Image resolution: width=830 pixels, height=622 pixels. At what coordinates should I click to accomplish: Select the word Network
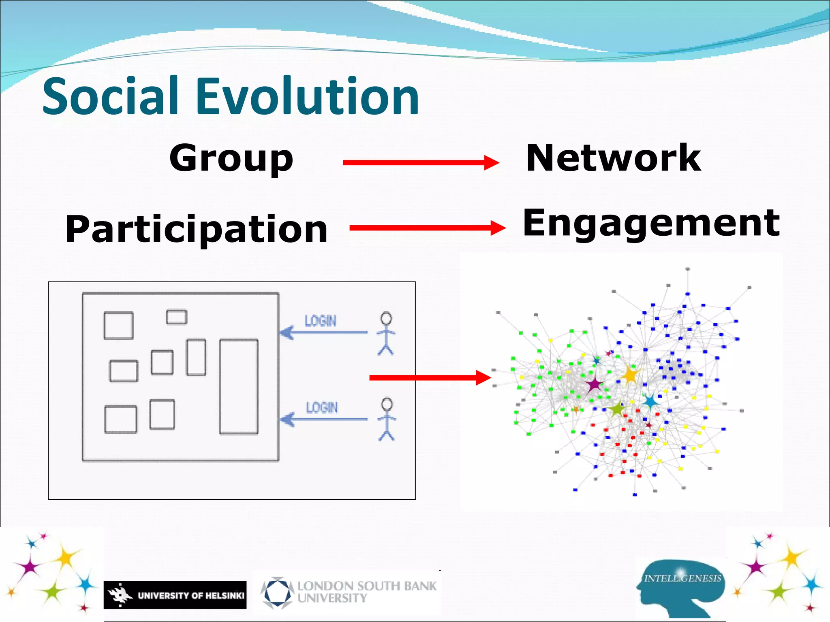click(x=613, y=158)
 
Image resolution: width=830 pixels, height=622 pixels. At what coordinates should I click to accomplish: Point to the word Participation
click(x=197, y=229)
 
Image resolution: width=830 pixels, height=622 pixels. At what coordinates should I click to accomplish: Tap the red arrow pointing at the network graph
click(x=430, y=378)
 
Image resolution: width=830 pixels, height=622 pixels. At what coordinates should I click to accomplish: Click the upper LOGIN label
click(x=320, y=321)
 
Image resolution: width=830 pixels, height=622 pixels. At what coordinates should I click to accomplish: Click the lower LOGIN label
click(x=322, y=407)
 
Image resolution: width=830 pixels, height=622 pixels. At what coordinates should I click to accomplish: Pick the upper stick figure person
click(x=386, y=333)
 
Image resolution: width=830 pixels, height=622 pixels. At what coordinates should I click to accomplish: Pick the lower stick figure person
click(x=387, y=419)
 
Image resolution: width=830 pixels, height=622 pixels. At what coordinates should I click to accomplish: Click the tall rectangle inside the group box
click(x=239, y=387)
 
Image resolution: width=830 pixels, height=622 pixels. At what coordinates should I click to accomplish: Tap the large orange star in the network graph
click(x=630, y=375)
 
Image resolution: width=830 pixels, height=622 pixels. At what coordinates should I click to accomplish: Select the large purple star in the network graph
click(x=594, y=383)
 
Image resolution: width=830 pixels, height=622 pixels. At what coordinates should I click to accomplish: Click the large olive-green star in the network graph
click(x=617, y=409)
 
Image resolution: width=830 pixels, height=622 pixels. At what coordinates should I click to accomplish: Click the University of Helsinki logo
click(x=175, y=595)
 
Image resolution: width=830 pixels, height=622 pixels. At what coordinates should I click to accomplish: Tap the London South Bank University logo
click(x=349, y=592)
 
